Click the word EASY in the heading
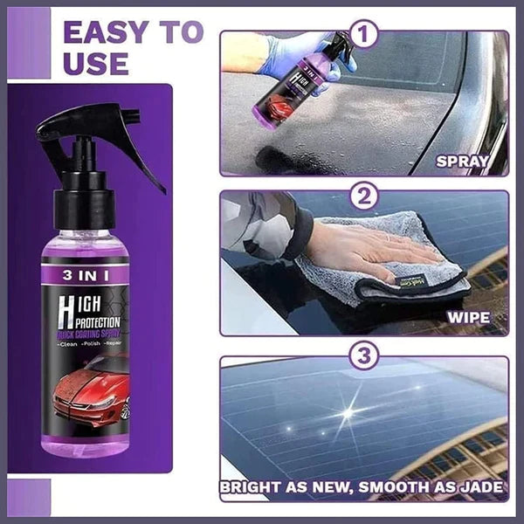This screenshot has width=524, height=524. pos(104,32)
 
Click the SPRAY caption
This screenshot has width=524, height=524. pos(472,161)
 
